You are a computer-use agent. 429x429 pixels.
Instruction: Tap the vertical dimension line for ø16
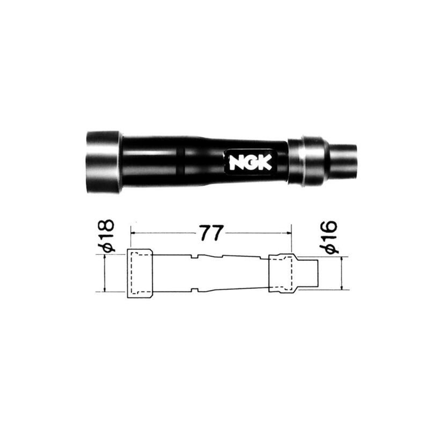pos(342,274)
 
